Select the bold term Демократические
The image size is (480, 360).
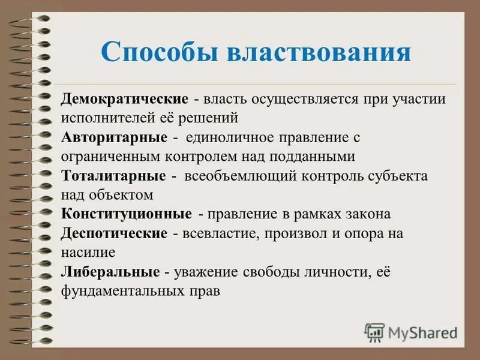(125, 99)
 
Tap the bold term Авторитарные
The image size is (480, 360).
(114, 137)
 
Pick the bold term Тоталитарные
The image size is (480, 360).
(113, 176)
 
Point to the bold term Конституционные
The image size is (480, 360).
(126, 214)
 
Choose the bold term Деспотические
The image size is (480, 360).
(114, 233)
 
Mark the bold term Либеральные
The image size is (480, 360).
(110, 272)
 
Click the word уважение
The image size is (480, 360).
(206, 272)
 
